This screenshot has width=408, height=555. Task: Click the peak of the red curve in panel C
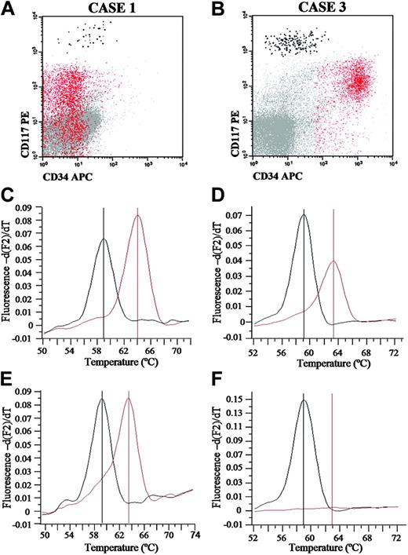pos(138,216)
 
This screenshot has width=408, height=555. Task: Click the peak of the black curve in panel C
pos(104,239)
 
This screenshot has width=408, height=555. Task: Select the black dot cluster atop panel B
pos(292,39)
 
